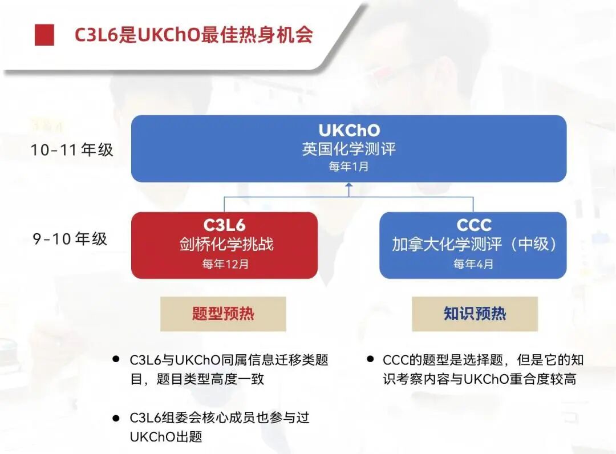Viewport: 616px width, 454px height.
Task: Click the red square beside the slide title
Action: [44, 35]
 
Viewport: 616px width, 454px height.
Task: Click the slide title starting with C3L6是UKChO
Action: [194, 35]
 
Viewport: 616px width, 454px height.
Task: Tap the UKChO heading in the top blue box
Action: [348, 131]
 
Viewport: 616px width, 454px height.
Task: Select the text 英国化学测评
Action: [348, 149]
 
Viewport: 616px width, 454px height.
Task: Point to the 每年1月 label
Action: [348, 167]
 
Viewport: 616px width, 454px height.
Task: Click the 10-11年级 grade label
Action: [72, 150]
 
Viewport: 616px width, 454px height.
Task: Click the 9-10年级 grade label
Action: [70, 239]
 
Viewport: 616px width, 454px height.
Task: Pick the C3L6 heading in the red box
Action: [224, 225]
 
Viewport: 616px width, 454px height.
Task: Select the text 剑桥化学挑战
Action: [224, 244]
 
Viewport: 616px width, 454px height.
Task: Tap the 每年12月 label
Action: [225, 265]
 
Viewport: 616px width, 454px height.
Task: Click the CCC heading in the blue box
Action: [473, 225]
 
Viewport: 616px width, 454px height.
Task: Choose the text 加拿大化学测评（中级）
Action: [473, 244]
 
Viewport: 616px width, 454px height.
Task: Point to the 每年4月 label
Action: [473, 265]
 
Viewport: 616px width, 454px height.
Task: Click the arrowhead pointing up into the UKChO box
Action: [349, 186]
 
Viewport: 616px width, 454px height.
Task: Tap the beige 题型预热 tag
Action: [223, 314]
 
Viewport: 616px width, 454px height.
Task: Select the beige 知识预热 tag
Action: [475, 314]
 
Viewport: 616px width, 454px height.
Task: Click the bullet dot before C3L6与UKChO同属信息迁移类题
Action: [116, 359]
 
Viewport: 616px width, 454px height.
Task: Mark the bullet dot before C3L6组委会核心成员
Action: [116, 418]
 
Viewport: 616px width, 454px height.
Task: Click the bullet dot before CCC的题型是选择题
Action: [370, 359]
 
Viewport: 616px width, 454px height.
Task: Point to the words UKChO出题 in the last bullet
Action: [166, 437]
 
